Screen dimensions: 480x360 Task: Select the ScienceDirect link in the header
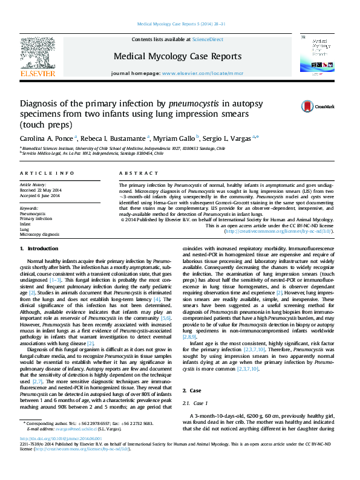[208, 39]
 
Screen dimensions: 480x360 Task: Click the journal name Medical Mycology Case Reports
[177, 56]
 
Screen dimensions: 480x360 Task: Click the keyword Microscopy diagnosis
[39, 233]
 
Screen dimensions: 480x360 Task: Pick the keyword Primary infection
[36, 219]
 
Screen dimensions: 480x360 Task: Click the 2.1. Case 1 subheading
[198, 386]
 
